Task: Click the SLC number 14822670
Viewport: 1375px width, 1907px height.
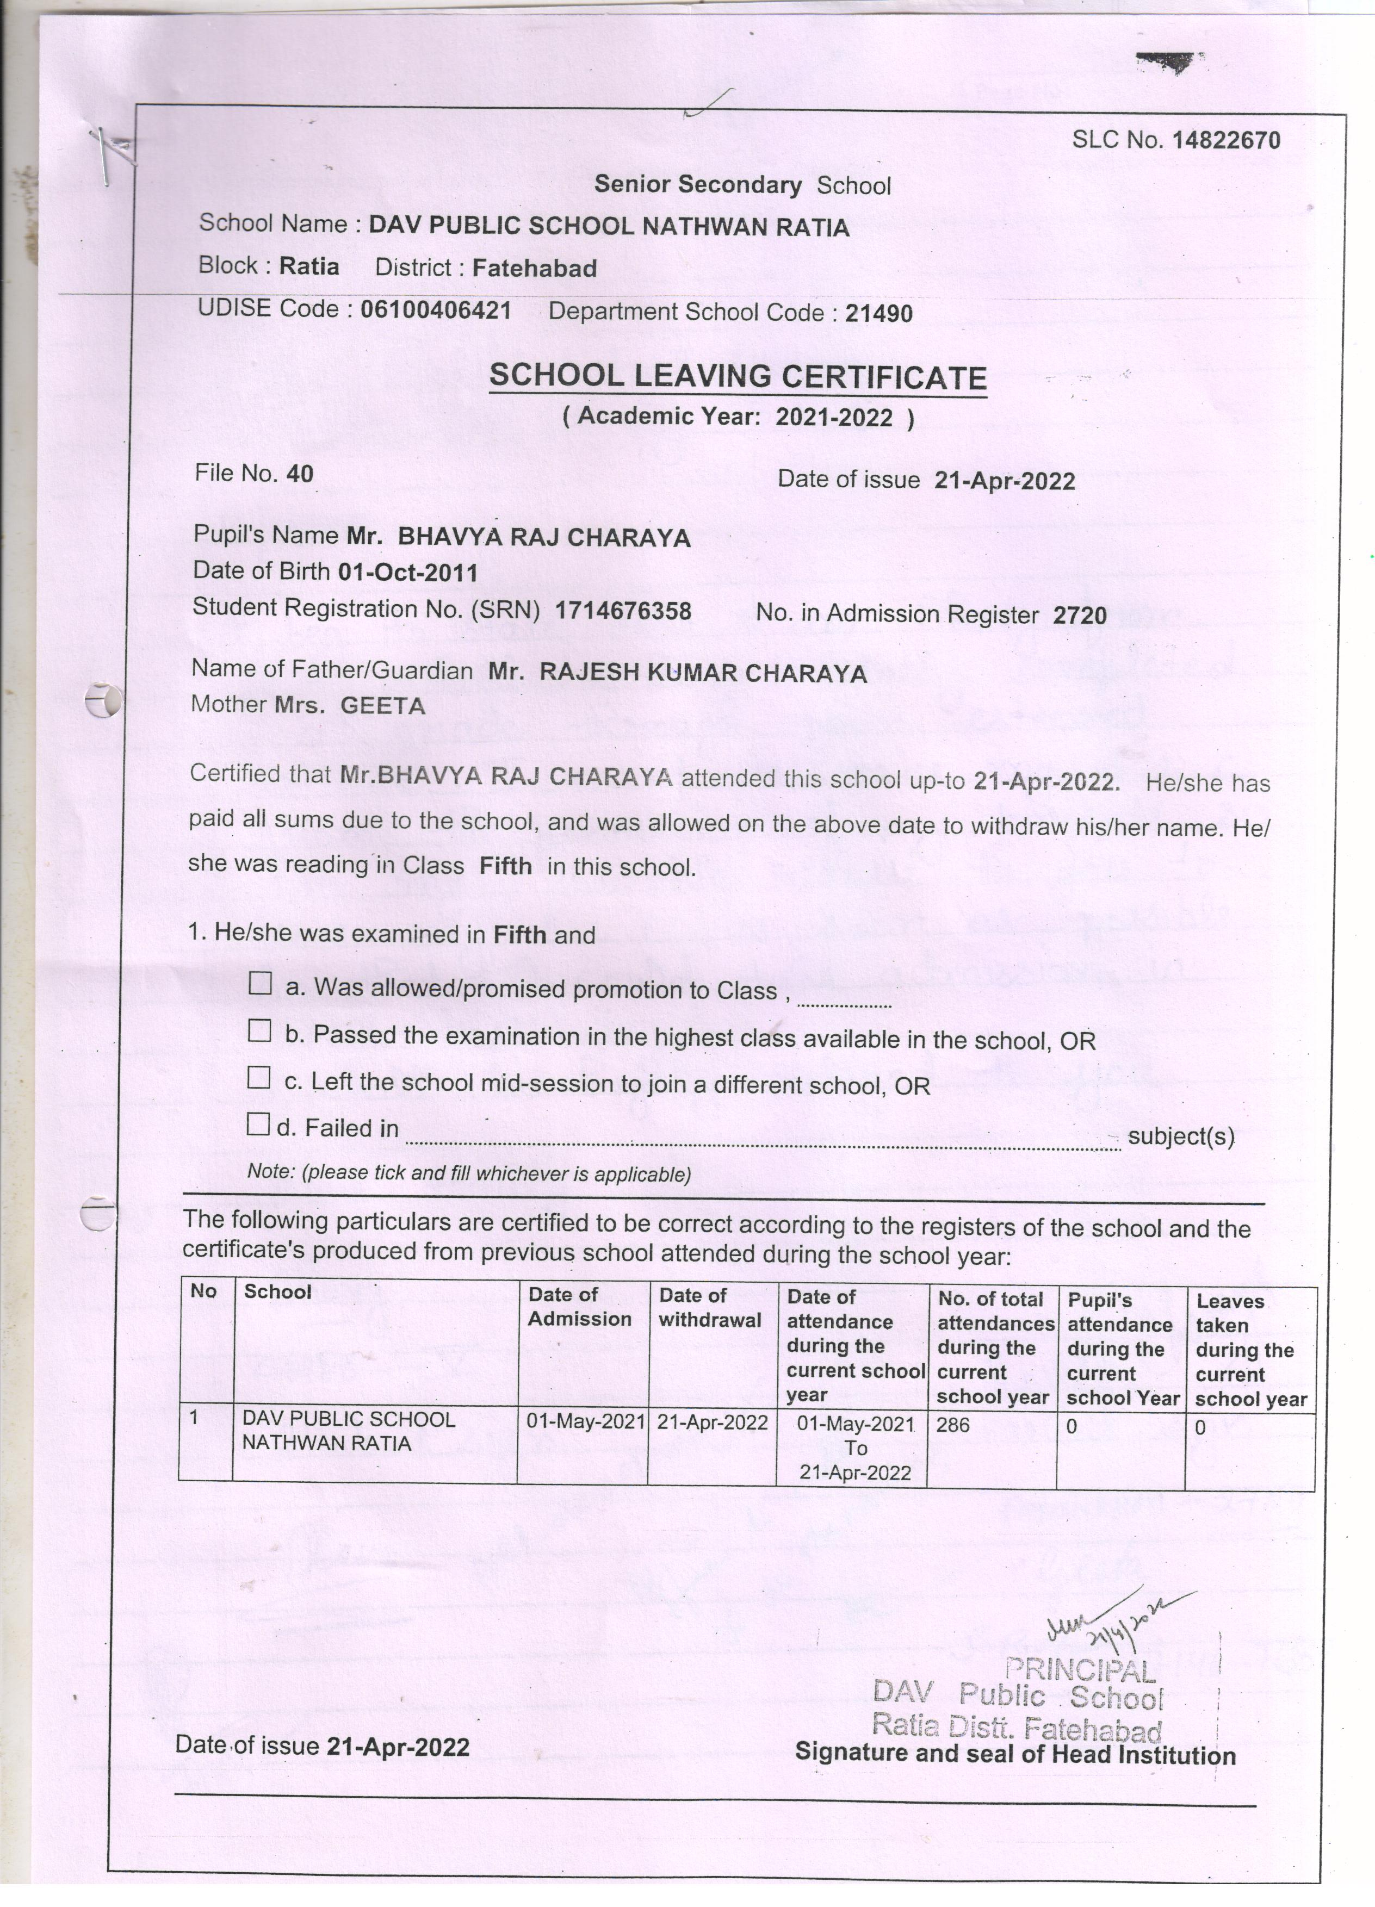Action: [x=1225, y=140]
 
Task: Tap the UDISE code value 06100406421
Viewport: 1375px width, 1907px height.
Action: [x=436, y=310]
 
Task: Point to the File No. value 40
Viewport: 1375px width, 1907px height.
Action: [x=299, y=474]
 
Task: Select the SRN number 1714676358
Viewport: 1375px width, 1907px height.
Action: [x=623, y=611]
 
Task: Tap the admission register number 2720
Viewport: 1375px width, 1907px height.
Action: [x=1079, y=616]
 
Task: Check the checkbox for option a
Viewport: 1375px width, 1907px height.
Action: [x=261, y=983]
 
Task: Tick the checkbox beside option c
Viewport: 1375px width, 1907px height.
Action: [x=259, y=1077]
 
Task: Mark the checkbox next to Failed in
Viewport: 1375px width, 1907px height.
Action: [x=258, y=1123]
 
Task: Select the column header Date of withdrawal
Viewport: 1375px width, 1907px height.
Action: [x=709, y=1307]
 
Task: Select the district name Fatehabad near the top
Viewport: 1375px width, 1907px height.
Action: [x=534, y=268]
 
